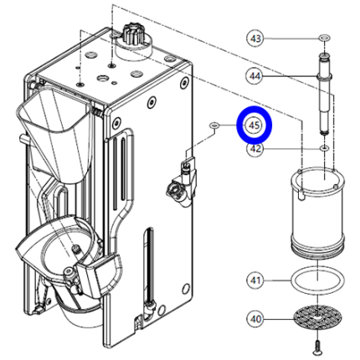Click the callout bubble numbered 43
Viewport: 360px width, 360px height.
(x=255, y=38)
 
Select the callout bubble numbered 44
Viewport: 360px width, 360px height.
(x=255, y=76)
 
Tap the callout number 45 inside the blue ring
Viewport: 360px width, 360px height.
(x=254, y=126)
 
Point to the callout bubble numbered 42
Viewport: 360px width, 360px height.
(x=255, y=149)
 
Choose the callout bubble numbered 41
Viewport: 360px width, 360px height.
(x=255, y=280)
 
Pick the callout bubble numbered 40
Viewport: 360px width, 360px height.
(x=255, y=319)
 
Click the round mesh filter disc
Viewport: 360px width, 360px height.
(x=317, y=317)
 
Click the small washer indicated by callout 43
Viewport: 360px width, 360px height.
(x=325, y=38)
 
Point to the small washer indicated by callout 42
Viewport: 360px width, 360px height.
(x=324, y=149)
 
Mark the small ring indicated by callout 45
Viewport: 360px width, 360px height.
(x=214, y=125)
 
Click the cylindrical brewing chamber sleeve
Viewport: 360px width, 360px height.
(x=317, y=211)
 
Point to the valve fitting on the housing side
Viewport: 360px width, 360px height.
(x=182, y=182)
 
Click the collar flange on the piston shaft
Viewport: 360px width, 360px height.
(x=325, y=76)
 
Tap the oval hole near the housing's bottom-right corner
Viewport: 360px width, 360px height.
(x=185, y=289)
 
